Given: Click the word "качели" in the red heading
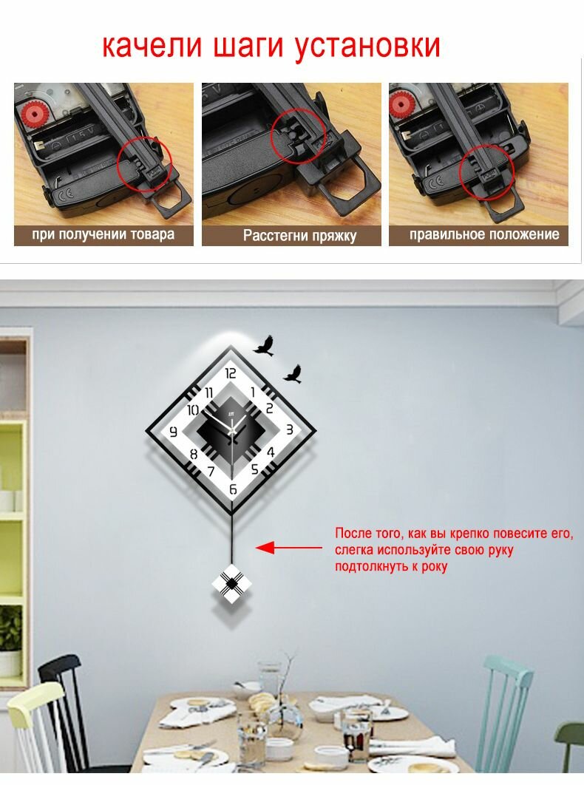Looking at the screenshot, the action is pyautogui.click(x=152, y=46).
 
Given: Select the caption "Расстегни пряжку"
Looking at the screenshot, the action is pyautogui.click(x=299, y=235).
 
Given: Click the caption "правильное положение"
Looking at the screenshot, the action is pyautogui.click(x=483, y=234).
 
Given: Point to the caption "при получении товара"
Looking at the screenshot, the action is pyautogui.click(x=103, y=234).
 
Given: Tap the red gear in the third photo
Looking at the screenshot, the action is pyautogui.click(x=401, y=103).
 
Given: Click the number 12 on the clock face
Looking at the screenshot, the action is pyautogui.click(x=231, y=373).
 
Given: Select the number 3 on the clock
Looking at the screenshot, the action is pyautogui.click(x=290, y=429).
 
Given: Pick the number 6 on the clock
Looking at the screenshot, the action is pyautogui.click(x=233, y=489).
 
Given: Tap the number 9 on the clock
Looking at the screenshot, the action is pyautogui.click(x=174, y=432).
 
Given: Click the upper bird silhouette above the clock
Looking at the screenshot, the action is pyautogui.click(x=264, y=346).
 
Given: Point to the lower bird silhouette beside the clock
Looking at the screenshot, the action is pyautogui.click(x=293, y=374).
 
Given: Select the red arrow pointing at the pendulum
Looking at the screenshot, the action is pyautogui.click(x=289, y=548).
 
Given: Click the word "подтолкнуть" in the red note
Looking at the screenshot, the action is pyautogui.click(x=369, y=567).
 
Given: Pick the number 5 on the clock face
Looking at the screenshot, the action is pyautogui.click(x=255, y=469).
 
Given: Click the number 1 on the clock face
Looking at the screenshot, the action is pyautogui.click(x=254, y=392).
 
